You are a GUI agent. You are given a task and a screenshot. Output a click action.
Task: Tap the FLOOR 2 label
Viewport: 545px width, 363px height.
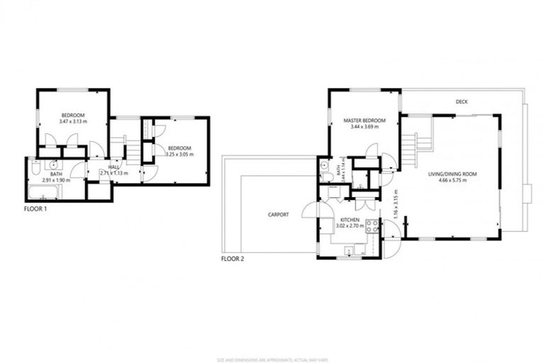point(232,259)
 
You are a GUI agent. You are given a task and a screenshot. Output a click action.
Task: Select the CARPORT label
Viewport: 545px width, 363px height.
point(277,214)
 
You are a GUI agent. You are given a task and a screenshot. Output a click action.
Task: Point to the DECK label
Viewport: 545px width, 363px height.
point(461,102)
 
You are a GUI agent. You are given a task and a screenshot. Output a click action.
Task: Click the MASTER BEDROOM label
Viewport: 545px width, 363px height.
point(365,121)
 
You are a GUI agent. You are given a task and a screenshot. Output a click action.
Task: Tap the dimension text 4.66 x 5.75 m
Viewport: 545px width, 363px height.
point(451,181)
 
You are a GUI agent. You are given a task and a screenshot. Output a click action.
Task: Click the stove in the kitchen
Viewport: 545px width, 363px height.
point(373,228)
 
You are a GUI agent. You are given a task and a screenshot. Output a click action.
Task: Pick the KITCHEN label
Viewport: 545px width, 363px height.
point(349,221)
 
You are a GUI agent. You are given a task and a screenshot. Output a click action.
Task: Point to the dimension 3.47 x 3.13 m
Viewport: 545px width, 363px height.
point(73,122)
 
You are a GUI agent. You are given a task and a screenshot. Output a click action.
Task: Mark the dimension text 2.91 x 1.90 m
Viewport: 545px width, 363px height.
point(57,180)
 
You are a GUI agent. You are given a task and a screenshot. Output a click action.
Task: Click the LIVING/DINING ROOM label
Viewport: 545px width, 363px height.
point(451,174)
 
